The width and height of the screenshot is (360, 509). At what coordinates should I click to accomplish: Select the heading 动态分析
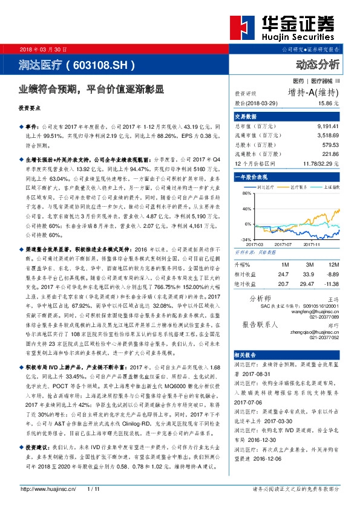[x=318, y=63]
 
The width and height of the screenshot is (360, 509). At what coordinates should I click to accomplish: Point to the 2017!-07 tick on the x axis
[x=283, y=244]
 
